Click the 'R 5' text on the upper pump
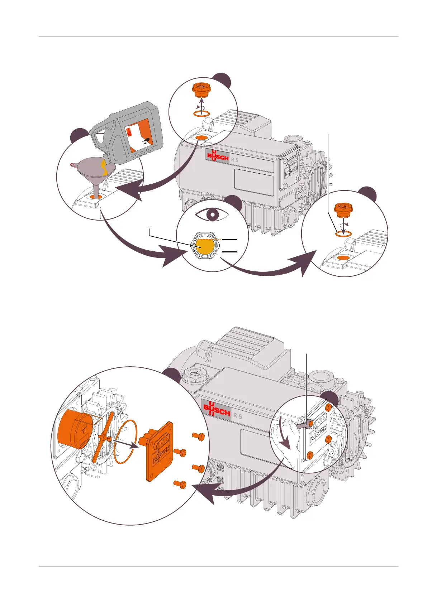click(234, 160)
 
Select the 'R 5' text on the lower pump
click(238, 416)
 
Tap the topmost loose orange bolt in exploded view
click(199, 436)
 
